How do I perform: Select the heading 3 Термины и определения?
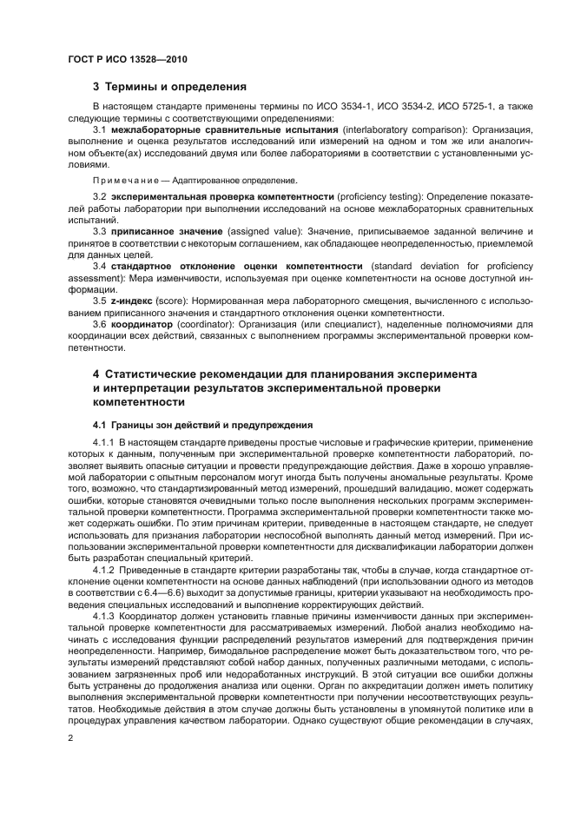(169, 87)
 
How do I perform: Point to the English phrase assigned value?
(257, 233)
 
